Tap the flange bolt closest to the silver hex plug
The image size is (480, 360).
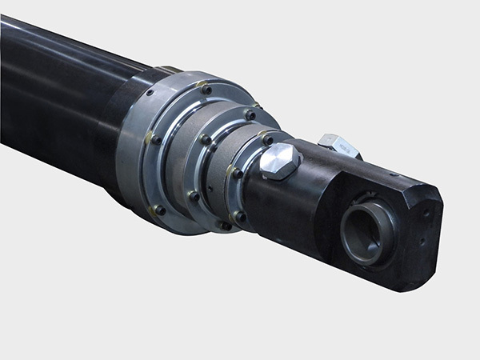[x=267, y=138]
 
